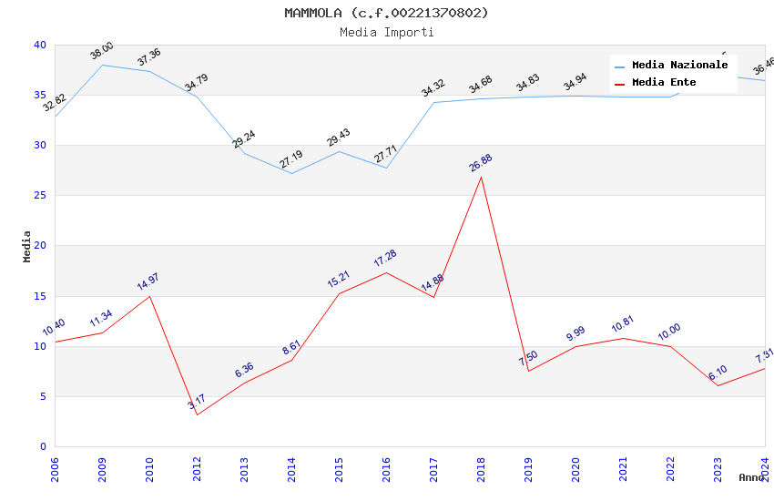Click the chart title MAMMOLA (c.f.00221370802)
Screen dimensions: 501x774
point(386,13)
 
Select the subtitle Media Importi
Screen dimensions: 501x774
point(386,32)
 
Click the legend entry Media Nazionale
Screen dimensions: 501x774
point(679,65)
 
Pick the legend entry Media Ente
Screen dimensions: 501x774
point(664,82)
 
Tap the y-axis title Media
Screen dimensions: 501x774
point(27,246)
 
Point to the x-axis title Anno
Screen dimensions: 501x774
point(751,477)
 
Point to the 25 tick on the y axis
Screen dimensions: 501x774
point(40,196)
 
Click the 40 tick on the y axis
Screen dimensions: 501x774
point(40,45)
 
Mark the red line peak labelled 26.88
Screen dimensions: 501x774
point(481,176)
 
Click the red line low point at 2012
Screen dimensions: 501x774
point(197,414)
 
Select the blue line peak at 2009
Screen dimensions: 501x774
point(102,65)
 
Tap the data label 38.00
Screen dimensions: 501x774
point(101,51)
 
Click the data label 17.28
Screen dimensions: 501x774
point(385,259)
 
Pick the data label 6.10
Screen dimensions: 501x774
point(718,373)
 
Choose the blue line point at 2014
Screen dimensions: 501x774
point(291,173)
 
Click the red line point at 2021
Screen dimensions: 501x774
point(623,338)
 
